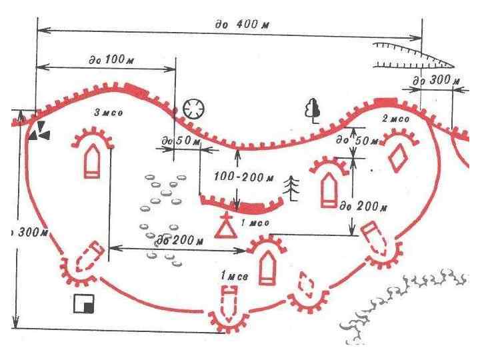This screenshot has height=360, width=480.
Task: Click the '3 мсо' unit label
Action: coord(107,113)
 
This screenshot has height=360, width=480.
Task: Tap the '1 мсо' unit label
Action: coord(255,223)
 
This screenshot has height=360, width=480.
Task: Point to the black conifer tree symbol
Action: coord(291,188)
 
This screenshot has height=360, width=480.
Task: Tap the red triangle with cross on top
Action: coord(227,227)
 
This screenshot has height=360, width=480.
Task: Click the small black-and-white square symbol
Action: coord(84,304)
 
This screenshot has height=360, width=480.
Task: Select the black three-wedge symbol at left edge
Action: coord(39,131)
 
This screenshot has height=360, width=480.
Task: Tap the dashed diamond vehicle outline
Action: coord(305,287)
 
